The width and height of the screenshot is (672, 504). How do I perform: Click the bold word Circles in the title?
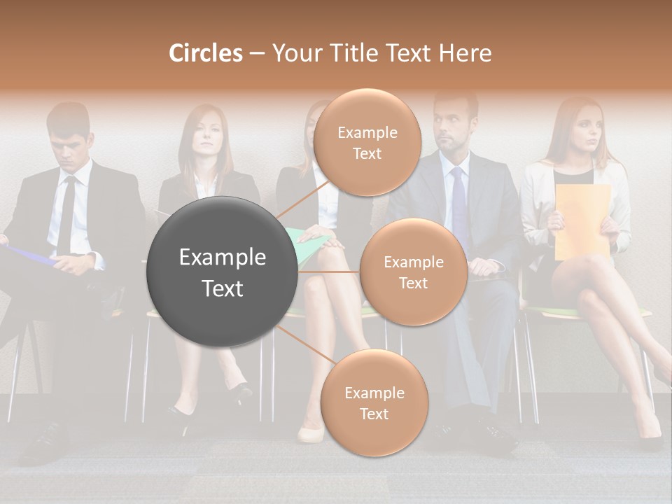205,53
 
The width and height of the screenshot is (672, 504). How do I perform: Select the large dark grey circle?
222,272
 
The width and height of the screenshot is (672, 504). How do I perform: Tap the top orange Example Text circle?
367,142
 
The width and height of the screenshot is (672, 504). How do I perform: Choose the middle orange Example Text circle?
413,272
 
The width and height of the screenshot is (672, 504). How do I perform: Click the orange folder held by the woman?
582,220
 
